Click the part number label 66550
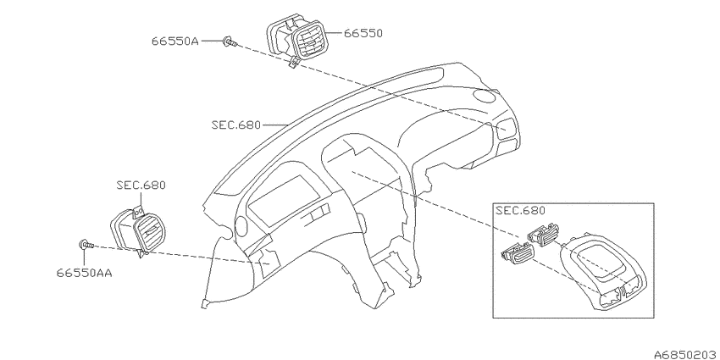click(x=363, y=33)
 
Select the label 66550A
click(x=175, y=42)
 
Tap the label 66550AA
click(x=85, y=273)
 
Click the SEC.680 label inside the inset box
click(x=520, y=211)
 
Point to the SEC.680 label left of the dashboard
click(x=236, y=125)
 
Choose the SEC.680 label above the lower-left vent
click(x=141, y=186)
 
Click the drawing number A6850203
click(x=686, y=354)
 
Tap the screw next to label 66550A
click(x=230, y=42)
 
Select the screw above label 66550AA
click(x=86, y=245)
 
